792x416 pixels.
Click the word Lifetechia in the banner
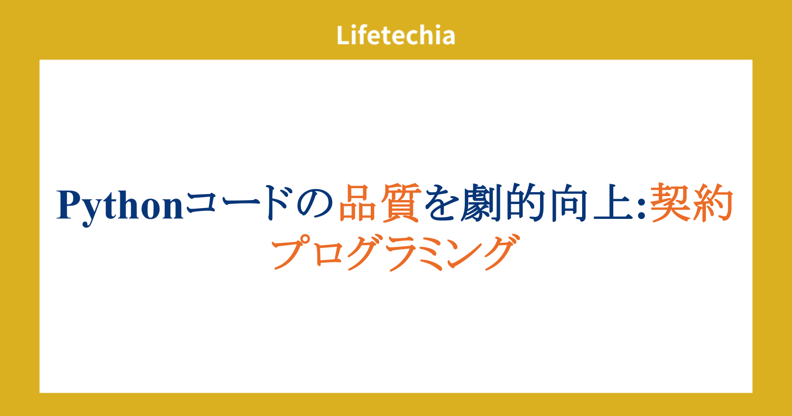click(396, 35)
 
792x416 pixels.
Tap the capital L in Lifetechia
click(343, 35)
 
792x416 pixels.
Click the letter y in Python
click(93, 213)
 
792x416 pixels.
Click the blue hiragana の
click(315, 204)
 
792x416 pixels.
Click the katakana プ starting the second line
click(290, 252)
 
